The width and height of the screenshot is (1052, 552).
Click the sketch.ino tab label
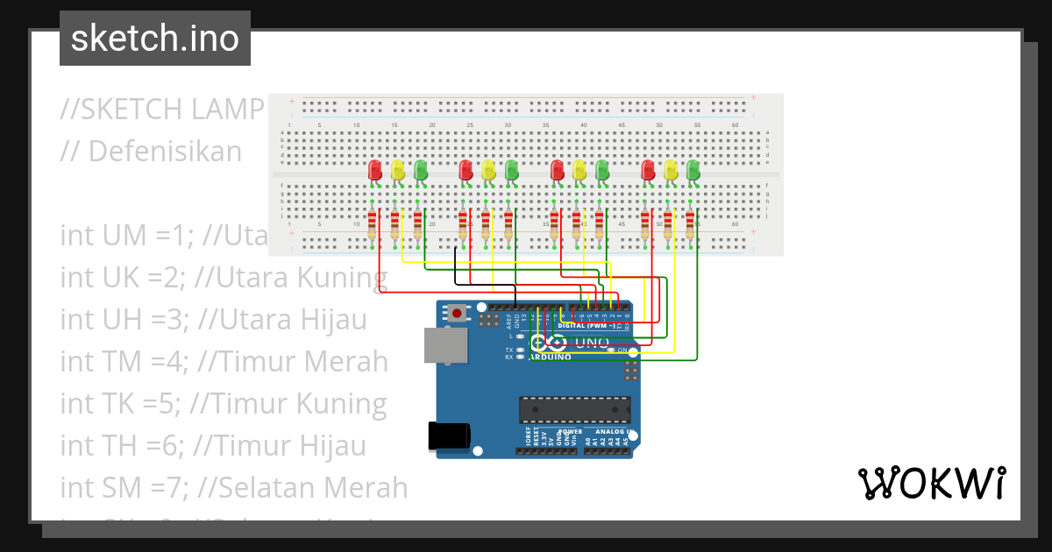pos(154,39)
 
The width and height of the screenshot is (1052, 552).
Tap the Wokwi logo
pos(931,483)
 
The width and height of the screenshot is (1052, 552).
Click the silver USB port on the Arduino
pos(446,345)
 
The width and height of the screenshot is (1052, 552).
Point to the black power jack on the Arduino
pos(448,435)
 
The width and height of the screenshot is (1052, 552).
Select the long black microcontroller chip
pos(574,409)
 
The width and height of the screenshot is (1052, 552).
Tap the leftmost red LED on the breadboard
pos(375,170)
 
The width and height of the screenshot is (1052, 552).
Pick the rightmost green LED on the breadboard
pos(693,170)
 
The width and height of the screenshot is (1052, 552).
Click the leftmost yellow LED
pos(398,170)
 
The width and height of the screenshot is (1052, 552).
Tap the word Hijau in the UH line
pos(331,320)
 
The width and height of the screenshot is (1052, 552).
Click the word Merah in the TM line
pos(344,361)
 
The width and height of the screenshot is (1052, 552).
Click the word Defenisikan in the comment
pos(164,152)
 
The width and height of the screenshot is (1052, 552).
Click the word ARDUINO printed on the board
pos(550,357)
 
